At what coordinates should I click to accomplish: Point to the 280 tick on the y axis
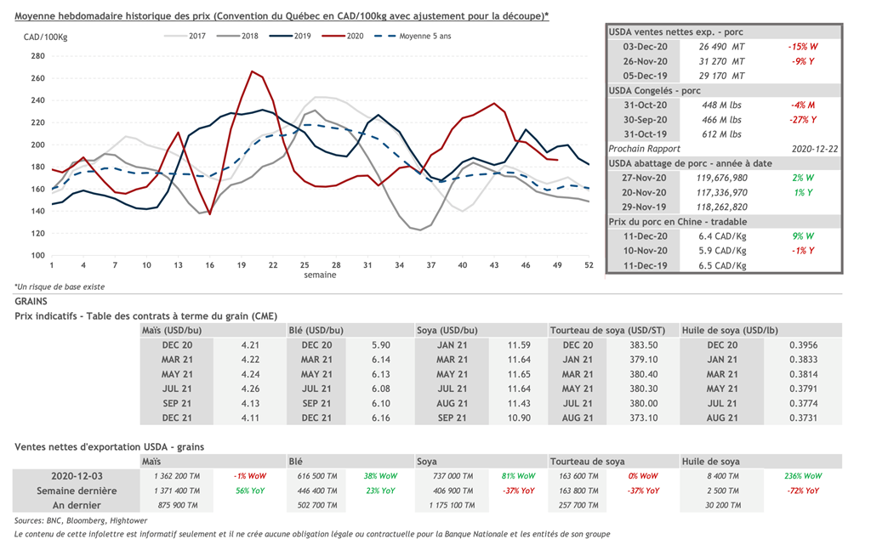point(37,56)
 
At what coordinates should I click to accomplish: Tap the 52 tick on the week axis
point(589,265)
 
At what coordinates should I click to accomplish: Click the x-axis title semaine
point(320,275)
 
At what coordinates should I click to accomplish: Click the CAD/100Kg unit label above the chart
point(45,37)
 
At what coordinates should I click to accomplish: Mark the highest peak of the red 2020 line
point(251,71)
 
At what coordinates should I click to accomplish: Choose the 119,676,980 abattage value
point(721,178)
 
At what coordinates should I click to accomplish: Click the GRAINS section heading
point(31,301)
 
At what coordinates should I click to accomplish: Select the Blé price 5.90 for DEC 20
point(380,344)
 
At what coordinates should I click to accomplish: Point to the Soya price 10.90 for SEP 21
point(519,417)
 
